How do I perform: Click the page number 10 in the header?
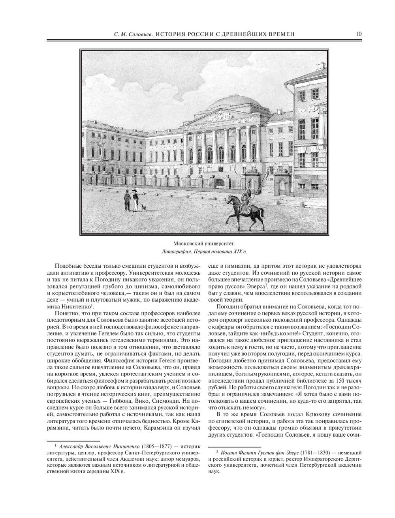point(358,34)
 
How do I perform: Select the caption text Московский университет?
point(206,243)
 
